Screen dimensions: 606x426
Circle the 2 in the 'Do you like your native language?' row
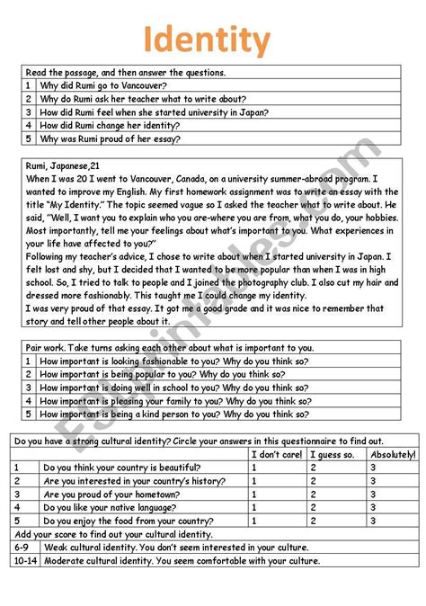coord(312,508)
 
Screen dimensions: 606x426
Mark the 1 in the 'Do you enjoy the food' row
coord(254,521)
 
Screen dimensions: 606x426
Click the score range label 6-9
coord(22,547)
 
